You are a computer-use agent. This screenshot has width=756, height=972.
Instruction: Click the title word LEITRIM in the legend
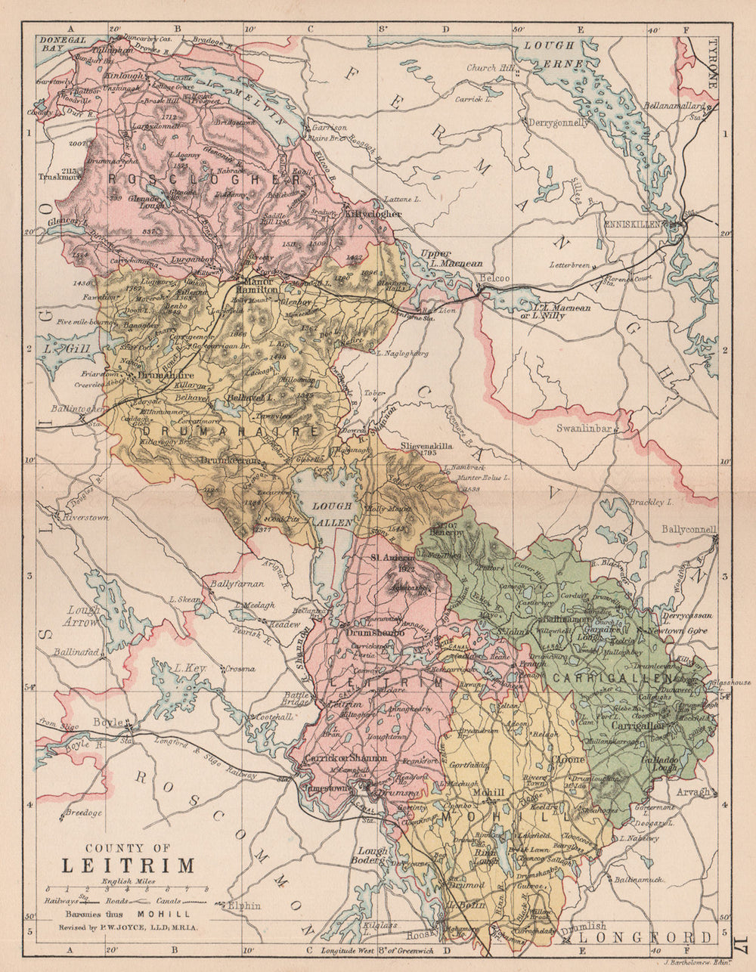click(128, 865)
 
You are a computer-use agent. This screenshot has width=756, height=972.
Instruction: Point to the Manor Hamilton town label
click(260, 283)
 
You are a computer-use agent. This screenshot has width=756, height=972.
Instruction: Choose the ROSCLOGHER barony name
click(204, 180)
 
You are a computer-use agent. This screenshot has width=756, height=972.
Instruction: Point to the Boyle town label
click(108, 722)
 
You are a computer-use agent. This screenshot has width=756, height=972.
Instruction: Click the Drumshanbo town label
click(376, 632)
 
